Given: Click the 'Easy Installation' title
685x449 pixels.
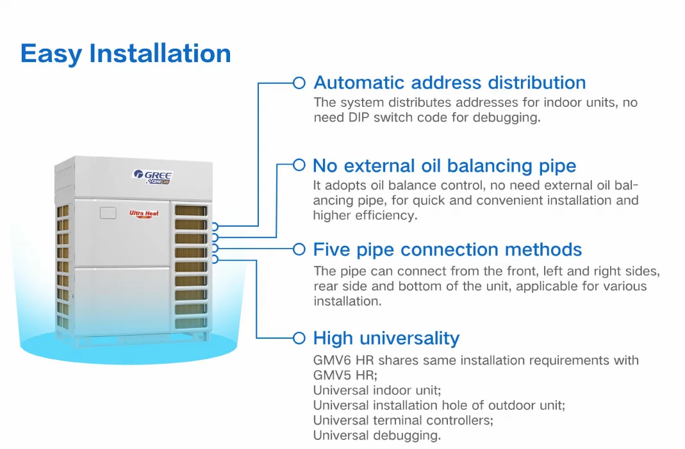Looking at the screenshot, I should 126,53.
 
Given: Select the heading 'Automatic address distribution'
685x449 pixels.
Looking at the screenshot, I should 449,83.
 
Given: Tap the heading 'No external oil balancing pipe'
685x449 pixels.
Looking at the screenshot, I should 444,166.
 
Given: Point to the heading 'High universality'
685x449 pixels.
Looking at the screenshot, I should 386,338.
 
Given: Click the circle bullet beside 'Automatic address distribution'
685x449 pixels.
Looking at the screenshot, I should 299,83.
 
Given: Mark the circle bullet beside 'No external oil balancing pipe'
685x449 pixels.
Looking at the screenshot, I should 299,165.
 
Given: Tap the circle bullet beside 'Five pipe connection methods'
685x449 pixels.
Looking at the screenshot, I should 299,249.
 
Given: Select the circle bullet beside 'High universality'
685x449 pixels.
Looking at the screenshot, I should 299,338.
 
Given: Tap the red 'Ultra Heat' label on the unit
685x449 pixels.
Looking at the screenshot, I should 144,214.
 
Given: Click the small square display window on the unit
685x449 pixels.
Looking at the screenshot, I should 107,213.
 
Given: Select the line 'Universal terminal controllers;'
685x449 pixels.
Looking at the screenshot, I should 403,420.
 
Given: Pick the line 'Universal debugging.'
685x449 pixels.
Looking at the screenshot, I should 377,436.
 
